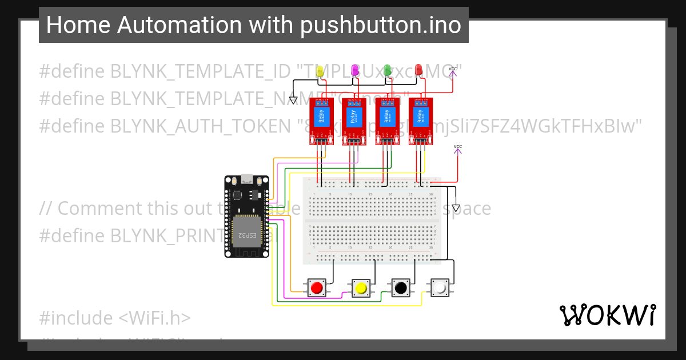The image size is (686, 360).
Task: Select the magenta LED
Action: click(x=354, y=70)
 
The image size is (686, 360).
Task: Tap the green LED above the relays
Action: click(x=387, y=70)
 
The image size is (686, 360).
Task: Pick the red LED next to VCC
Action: click(x=419, y=70)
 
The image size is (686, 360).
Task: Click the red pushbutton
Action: click(x=316, y=287)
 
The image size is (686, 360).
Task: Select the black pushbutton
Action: click(x=401, y=287)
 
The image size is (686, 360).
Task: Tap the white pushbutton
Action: click(x=440, y=287)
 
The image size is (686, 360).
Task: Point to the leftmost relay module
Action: click(x=321, y=122)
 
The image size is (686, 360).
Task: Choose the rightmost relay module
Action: click(x=421, y=122)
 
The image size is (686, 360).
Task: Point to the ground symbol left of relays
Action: click(x=293, y=101)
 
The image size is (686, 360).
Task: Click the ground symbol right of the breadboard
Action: click(x=456, y=208)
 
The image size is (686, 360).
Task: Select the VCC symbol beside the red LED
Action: click(x=453, y=71)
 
